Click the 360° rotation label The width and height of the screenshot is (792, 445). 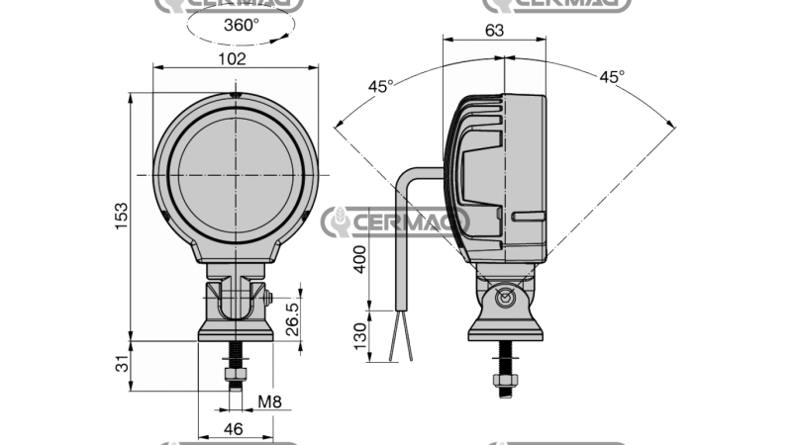241,26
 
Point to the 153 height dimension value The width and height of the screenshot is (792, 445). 121,215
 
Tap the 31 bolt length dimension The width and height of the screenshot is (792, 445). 121,366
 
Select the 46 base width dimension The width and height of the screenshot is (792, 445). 234,428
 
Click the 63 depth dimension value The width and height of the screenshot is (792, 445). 494,31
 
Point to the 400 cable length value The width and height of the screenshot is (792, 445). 360,261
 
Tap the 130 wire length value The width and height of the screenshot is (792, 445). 360,336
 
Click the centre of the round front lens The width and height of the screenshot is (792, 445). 236,175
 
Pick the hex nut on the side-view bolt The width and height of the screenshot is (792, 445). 506,380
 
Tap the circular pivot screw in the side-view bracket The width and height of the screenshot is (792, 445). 506,298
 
